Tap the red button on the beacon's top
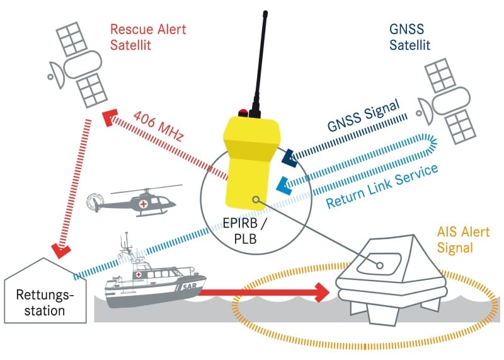tap(241, 114)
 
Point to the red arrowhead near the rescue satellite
tap(108, 117)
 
